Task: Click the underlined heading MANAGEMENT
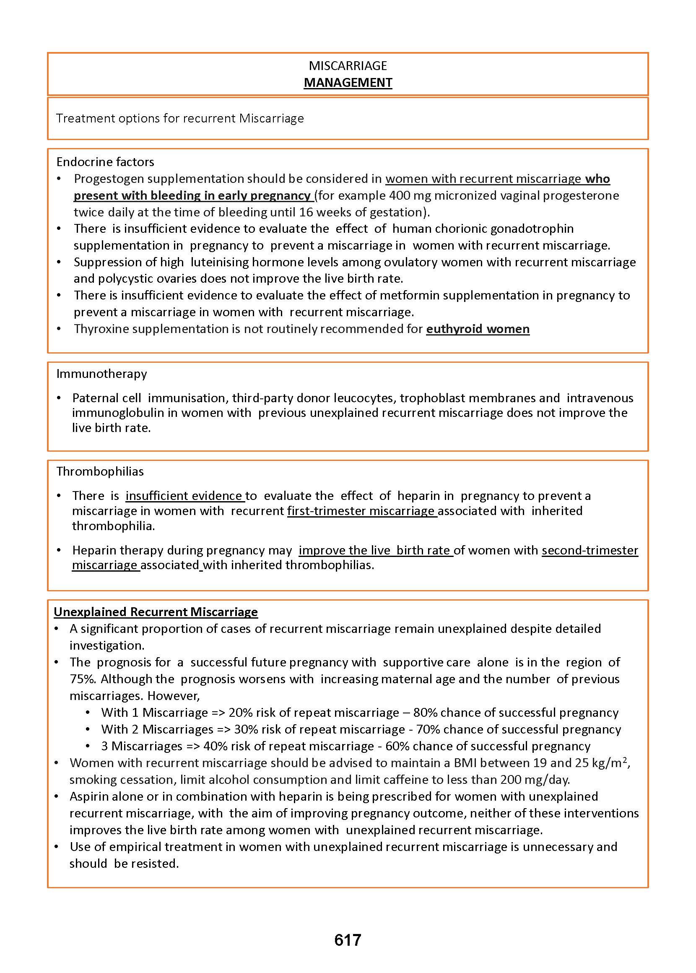(348, 82)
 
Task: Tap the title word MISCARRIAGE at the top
(348, 65)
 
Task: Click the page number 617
(348, 939)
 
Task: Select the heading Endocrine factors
(105, 161)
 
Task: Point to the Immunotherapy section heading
(101, 374)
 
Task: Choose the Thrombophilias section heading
(100, 471)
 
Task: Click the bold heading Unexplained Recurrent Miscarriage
(156, 611)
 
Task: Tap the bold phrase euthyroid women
(478, 329)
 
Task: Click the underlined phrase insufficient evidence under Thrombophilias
(184, 496)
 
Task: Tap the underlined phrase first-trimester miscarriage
(361, 511)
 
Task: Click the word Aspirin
(90, 796)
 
